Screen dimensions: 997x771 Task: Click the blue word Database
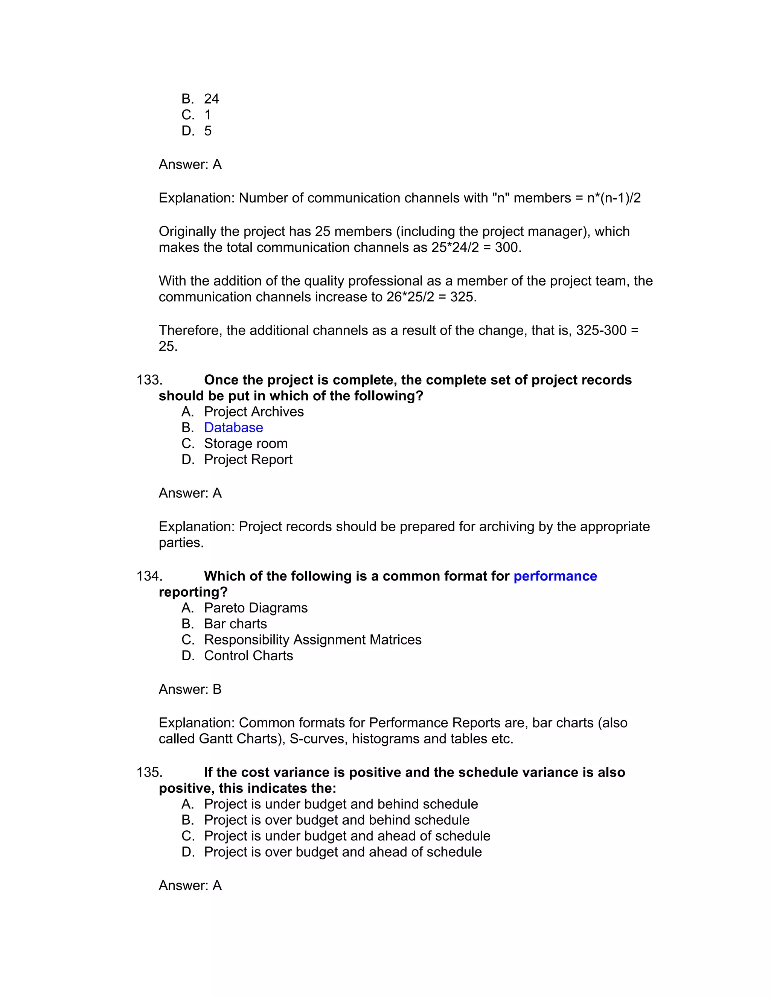coord(233,428)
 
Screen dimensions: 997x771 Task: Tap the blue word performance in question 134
coord(555,576)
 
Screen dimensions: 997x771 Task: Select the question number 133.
coord(149,380)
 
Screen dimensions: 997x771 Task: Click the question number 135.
coord(149,772)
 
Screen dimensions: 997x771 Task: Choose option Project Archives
coord(253,412)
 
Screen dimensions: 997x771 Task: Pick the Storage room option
coord(245,444)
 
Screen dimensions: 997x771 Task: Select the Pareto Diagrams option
coord(255,608)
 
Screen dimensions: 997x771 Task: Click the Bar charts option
coord(235,624)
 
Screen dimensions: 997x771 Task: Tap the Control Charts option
coord(248,656)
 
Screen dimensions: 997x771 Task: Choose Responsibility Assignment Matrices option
coord(312,640)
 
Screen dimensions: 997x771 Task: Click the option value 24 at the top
coord(211,99)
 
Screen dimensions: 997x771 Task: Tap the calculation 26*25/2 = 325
coord(431,297)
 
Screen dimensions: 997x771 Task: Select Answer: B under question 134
coord(190,689)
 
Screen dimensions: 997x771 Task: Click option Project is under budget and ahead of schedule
coord(347,836)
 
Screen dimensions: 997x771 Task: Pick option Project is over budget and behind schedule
coord(336,820)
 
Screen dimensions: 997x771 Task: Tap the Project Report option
coord(248,460)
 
